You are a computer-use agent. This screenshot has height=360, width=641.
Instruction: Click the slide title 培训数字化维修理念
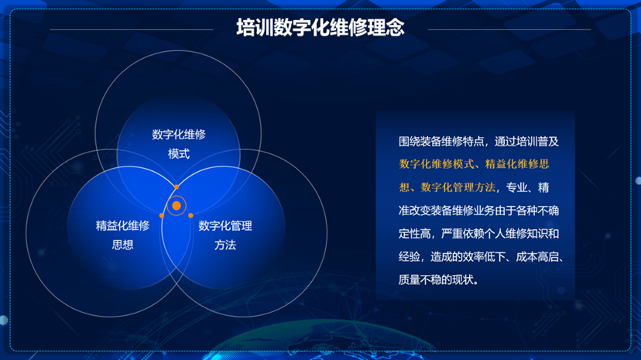click(x=320, y=28)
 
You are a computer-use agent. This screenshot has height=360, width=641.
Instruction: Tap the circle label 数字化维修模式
click(x=179, y=144)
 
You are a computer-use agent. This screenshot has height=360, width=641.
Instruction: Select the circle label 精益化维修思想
click(x=122, y=235)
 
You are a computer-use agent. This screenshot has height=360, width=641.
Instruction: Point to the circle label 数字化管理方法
click(x=225, y=235)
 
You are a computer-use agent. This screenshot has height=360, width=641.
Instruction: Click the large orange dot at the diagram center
click(x=177, y=205)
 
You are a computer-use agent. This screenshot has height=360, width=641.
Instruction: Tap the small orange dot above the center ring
click(x=177, y=187)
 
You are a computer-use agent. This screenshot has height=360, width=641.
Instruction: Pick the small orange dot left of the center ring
click(x=162, y=215)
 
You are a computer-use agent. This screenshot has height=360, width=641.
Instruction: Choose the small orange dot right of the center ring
click(x=190, y=215)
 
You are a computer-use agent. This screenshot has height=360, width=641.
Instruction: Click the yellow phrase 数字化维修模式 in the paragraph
click(x=436, y=164)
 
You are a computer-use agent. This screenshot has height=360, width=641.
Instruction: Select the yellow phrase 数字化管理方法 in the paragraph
click(x=458, y=187)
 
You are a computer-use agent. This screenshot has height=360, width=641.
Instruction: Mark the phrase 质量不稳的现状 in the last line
click(x=436, y=280)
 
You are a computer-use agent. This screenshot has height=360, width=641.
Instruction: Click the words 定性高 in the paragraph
click(x=415, y=234)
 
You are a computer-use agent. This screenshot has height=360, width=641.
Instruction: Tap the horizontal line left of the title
click(x=132, y=29)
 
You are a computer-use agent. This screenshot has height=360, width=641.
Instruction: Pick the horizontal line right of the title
click(x=509, y=29)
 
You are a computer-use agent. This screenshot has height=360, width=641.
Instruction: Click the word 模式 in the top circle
click(x=179, y=153)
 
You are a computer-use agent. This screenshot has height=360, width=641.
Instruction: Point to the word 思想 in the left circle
click(x=122, y=245)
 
